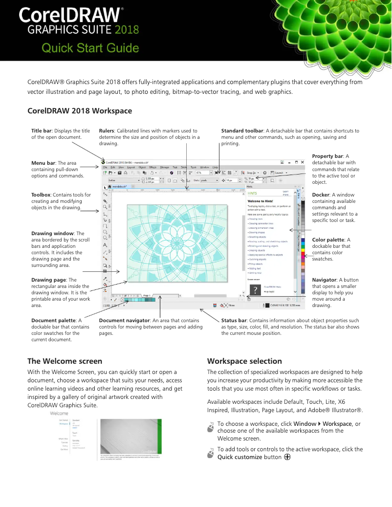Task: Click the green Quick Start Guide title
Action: [90, 48]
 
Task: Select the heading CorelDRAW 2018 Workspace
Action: [80, 111]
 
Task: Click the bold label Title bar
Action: [42, 131]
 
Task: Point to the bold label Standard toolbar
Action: [242, 131]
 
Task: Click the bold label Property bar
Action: [327, 156]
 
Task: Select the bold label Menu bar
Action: [43, 163]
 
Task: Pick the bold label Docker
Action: [321, 195]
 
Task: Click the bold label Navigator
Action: [325, 280]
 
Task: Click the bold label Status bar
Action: [236, 320]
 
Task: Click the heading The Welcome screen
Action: [65, 361]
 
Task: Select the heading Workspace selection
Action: [244, 361]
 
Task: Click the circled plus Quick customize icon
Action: [287, 457]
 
